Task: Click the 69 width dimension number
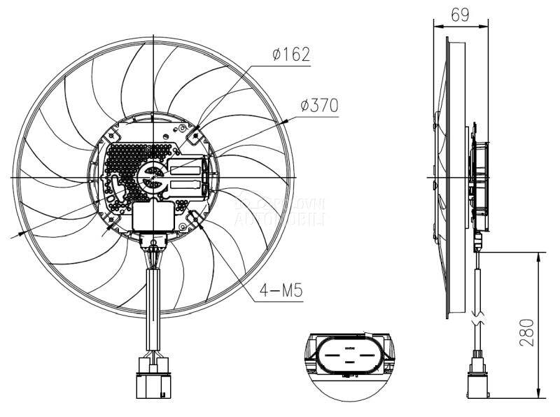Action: click(459, 14)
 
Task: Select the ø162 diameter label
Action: click(290, 54)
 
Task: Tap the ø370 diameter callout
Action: click(318, 105)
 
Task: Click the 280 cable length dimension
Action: click(527, 333)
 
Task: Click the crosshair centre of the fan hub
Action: click(153, 177)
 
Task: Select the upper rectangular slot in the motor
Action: click(185, 167)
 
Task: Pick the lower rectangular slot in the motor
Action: click(185, 187)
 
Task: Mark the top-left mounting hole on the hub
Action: click(106, 130)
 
